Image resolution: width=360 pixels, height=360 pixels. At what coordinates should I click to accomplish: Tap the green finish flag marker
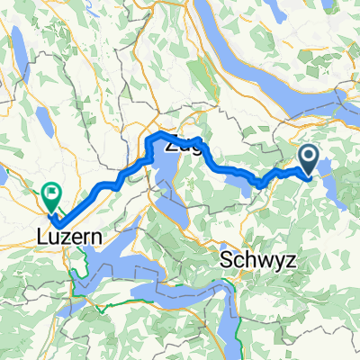click(50, 192)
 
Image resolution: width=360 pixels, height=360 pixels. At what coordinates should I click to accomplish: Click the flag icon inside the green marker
click(50, 189)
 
